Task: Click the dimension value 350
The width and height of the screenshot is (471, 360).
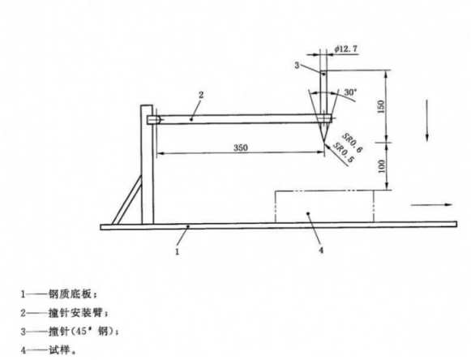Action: click(x=241, y=148)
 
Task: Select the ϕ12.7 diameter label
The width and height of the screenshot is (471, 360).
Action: click(x=346, y=49)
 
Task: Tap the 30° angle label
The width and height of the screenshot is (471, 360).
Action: click(x=349, y=92)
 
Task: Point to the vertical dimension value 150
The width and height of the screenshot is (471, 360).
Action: click(x=380, y=106)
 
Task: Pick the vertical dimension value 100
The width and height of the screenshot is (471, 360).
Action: click(x=381, y=166)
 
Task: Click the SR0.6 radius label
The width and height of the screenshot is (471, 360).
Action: click(x=353, y=143)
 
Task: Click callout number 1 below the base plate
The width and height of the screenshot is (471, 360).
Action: click(x=178, y=251)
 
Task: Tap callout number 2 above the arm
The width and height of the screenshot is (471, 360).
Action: click(x=201, y=95)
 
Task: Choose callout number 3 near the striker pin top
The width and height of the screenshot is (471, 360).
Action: click(x=297, y=65)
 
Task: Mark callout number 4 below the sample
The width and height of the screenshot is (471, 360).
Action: click(x=321, y=250)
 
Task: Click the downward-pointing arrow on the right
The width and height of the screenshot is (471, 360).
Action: click(x=427, y=120)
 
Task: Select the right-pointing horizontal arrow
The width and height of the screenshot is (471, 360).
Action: click(x=431, y=205)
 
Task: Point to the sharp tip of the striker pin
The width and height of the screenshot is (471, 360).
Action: click(x=323, y=142)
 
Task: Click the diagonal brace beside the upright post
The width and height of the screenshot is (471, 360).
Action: click(x=126, y=199)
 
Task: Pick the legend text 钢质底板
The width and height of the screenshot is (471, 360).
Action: click(x=70, y=294)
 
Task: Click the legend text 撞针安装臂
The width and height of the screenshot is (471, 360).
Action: click(x=75, y=313)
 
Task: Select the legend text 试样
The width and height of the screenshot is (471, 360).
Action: click(x=59, y=349)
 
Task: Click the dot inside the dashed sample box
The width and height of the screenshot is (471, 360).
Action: click(x=308, y=214)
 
